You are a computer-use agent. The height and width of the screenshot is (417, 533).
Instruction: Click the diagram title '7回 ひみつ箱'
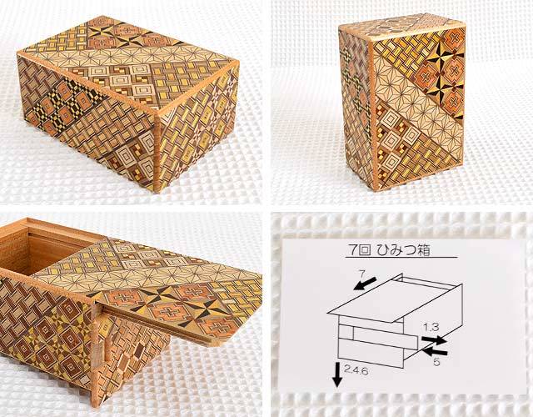click(389, 250)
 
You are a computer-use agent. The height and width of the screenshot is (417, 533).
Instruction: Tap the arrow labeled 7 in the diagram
click(365, 284)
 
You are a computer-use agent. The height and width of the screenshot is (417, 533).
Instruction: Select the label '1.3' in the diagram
click(431, 327)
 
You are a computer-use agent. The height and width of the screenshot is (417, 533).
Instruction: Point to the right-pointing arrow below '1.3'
click(434, 339)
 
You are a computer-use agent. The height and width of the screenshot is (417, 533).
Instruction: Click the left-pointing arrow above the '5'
click(435, 351)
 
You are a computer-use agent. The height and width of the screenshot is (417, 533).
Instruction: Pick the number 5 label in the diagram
click(436, 362)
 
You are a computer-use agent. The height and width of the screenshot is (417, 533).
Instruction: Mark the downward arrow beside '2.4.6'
click(337, 374)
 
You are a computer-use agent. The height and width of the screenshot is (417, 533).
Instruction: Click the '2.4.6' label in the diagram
click(356, 370)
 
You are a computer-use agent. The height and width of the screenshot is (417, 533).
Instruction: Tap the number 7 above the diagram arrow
click(361, 274)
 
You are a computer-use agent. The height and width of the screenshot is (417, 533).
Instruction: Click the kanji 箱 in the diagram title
click(422, 250)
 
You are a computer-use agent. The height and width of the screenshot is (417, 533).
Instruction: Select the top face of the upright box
click(401, 26)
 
